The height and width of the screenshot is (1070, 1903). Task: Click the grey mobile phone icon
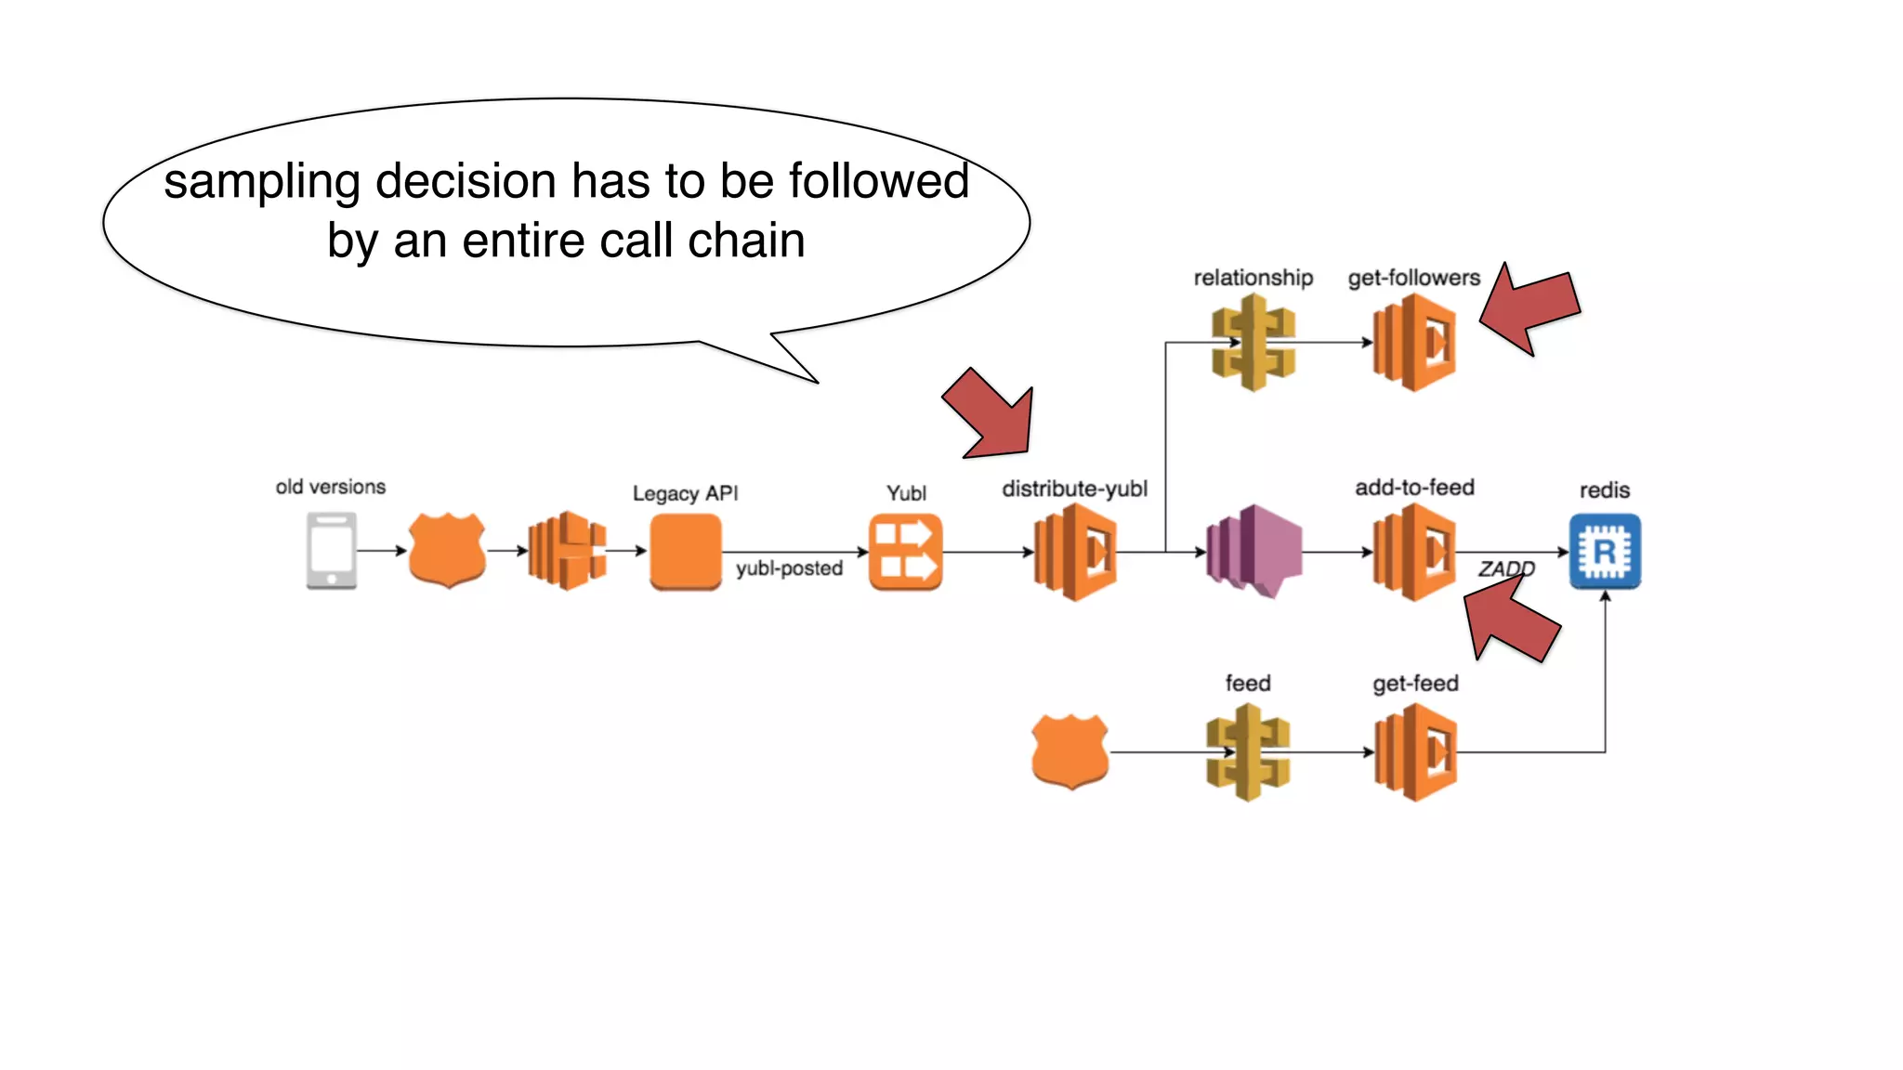tap(332, 552)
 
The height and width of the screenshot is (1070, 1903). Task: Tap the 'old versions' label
tap(330, 487)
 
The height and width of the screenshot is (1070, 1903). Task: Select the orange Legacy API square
tap(686, 552)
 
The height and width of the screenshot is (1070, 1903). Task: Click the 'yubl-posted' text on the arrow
tap(789, 568)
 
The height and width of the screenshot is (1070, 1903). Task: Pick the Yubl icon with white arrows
tap(905, 552)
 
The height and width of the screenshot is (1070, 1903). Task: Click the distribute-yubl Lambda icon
tap(1075, 552)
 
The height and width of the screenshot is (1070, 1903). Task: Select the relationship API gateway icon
tap(1253, 342)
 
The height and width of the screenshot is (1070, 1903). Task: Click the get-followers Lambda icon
tap(1414, 342)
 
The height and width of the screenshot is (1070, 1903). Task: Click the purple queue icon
tap(1254, 552)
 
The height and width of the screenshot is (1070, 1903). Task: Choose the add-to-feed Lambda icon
tap(1414, 552)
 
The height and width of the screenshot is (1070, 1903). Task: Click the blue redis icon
tap(1605, 552)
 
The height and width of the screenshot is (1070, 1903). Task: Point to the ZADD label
tap(1506, 568)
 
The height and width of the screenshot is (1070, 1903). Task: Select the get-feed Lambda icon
tap(1414, 752)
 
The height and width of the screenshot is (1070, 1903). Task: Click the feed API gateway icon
tap(1248, 752)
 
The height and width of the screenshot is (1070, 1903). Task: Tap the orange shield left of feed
tap(1070, 751)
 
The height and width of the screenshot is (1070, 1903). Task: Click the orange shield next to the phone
tap(447, 550)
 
